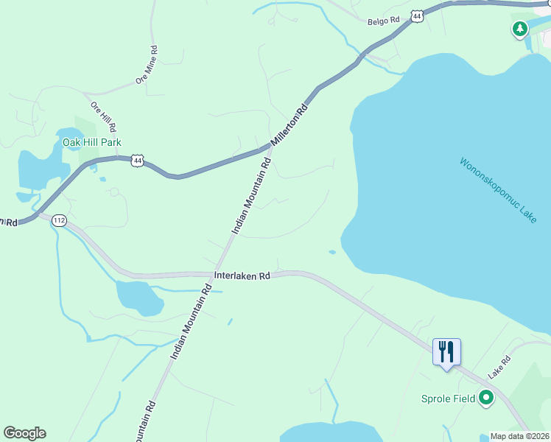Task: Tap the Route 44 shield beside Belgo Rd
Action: pos(418,15)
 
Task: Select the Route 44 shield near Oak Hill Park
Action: pos(137,159)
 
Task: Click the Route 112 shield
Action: pos(60,220)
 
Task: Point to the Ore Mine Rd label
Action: pos(147,66)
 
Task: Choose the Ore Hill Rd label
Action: pos(104,118)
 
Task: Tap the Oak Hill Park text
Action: pos(92,142)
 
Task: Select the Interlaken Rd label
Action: pos(242,276)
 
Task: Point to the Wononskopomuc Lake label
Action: pos(497,191)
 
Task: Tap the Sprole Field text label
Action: pos(447,399)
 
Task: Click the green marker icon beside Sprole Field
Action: pos(485,399)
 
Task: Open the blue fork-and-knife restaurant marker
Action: pos(446,351)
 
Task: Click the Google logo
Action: pos(24,433)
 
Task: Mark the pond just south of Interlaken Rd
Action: pos(138,297)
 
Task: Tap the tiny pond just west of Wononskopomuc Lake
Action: pos(332,252)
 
